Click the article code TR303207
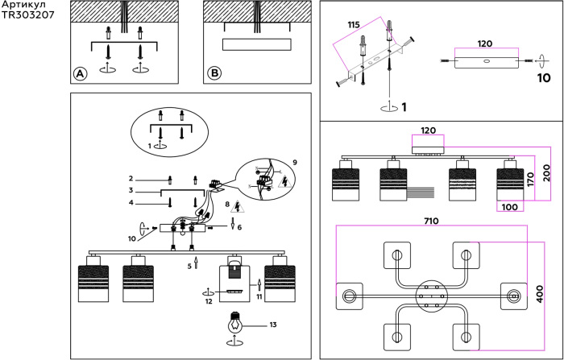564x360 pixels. [29, 14]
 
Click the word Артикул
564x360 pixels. [23, 5]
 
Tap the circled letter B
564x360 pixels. [214, 73]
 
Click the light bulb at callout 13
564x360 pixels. [234, 324]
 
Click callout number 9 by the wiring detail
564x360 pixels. [294, 162]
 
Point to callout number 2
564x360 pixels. [130, 177]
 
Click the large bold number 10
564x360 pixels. [544, 79]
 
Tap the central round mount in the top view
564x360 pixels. [430, 296]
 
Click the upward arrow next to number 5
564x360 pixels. [196, 264]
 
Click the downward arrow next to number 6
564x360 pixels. [233, 226]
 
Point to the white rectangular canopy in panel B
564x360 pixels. [255, 43]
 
